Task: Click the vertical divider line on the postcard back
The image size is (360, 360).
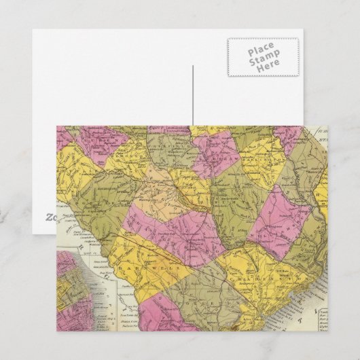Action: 194,95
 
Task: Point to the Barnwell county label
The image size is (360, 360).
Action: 146,260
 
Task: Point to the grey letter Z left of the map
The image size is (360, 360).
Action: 49,217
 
